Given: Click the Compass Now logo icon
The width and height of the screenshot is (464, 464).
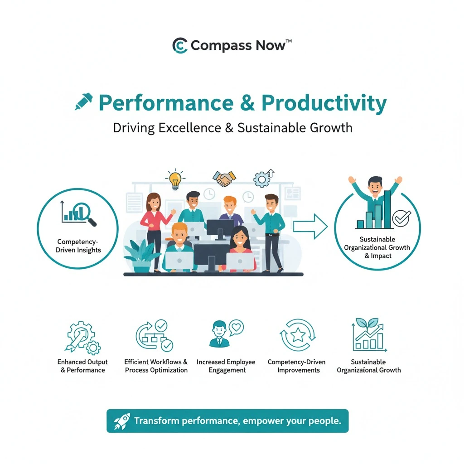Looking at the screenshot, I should (180, 46).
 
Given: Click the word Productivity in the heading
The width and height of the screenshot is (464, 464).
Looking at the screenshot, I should (324, 103).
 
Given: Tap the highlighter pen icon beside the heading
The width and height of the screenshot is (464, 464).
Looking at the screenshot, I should (84, 102).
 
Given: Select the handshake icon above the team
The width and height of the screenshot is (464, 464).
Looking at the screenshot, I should (223, 178).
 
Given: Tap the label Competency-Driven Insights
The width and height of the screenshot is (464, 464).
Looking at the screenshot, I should (79, 246).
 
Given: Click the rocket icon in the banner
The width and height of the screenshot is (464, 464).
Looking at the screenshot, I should (122, 421).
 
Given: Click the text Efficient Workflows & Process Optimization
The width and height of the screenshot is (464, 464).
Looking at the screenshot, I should (156, 366).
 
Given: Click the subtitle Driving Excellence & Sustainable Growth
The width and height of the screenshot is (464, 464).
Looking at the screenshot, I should (232, 127).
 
